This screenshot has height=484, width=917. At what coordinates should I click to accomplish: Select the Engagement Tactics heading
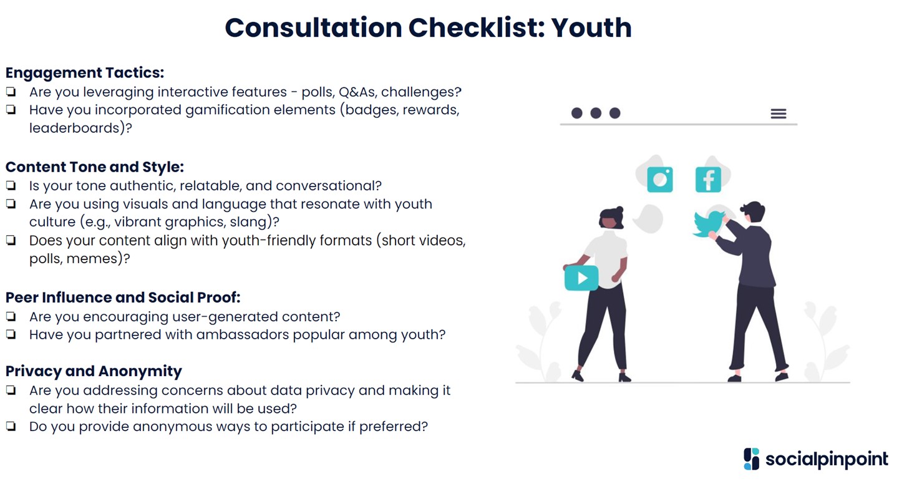tap(85, 73)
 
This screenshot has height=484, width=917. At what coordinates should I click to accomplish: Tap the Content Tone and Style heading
tap(95, 167)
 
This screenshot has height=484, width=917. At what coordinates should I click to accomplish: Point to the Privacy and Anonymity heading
tap(94, 372)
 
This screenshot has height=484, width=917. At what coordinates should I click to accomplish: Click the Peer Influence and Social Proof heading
tap(123, 298)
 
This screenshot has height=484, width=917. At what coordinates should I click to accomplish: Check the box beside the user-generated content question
tap(11, 317)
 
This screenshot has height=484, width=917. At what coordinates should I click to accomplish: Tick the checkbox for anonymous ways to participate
tap(11, 427)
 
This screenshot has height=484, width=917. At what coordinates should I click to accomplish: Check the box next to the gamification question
tap(11, 110)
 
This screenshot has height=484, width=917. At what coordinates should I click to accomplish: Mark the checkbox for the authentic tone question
tap(11, 186)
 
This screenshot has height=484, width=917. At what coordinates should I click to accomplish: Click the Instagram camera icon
tap(659, 180)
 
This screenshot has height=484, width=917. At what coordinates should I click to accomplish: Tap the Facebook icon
tap(708, 180)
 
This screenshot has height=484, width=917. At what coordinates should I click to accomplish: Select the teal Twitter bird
tap(709, 224)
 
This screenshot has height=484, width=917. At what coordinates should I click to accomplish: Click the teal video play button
tap(581, 278)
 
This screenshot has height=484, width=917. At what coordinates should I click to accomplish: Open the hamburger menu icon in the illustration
tap(778, 114)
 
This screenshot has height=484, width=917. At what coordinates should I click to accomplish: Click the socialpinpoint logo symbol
tap(752, 459)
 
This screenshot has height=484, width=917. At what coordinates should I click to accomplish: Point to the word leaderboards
tap(74, 128)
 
